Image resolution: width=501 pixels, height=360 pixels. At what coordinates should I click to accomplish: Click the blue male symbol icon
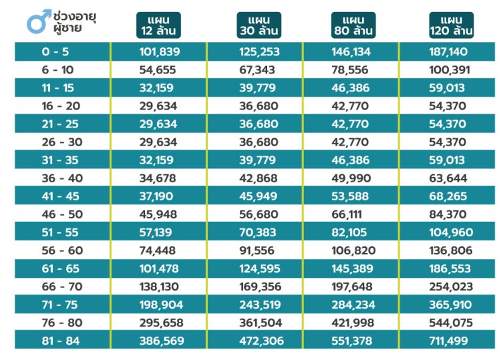[x=36, y=22]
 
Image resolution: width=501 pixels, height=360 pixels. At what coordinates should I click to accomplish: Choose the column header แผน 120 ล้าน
[x=452, y=25]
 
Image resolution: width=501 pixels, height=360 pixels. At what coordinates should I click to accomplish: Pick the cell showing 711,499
[x=452, y=341]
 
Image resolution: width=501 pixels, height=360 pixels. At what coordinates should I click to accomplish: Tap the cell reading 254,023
[x=452, y=287]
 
